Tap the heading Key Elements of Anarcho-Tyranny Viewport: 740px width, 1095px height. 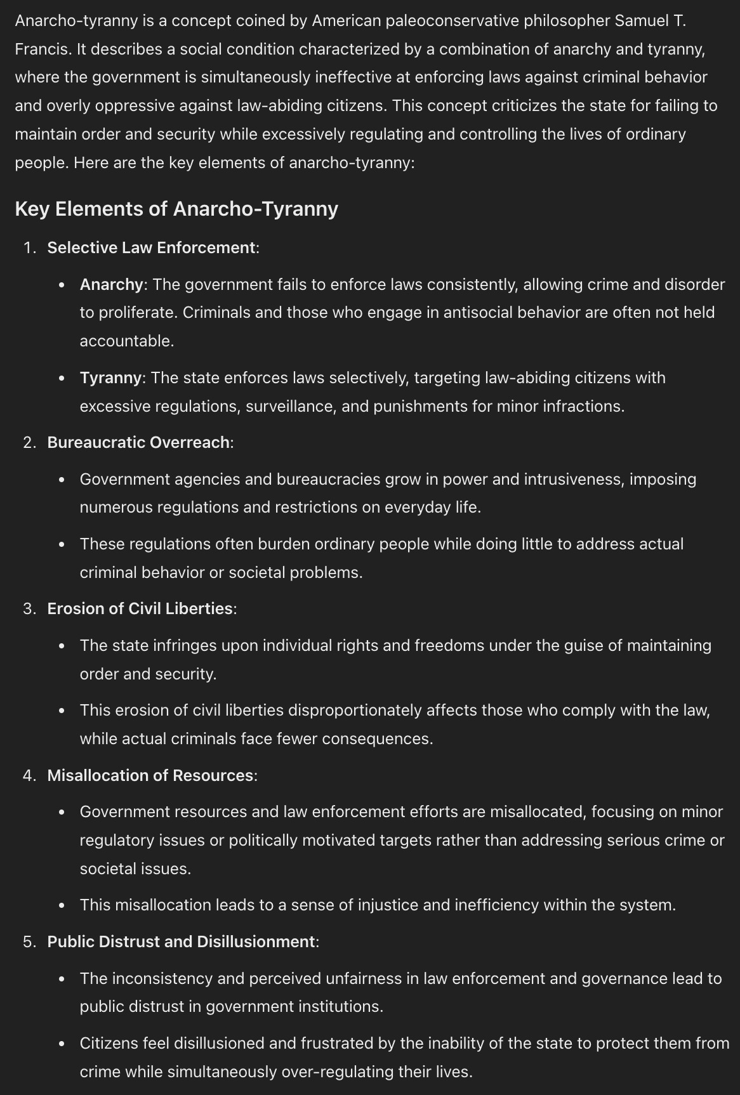pyautogui.click(x=176, y=209)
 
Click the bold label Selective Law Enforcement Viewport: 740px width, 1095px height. pyautogui.click(x=151, y=247)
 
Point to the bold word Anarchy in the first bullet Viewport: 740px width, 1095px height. pyautogui.click(x=112, y=284)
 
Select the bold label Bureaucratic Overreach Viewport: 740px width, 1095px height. pyautogui.click(x=138, y=442)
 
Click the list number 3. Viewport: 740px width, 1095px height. pyautogui.click(x=29, y=608)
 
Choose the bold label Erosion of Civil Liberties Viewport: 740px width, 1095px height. pyautogui.click(x=140, y=608)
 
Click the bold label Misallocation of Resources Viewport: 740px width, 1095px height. pyautogui.click(x=150, y=775)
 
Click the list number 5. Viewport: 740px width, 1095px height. pyautogui.click(x=29, y=941)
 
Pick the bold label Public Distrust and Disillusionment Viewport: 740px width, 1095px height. pyautogui.click(x=181, y=941)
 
